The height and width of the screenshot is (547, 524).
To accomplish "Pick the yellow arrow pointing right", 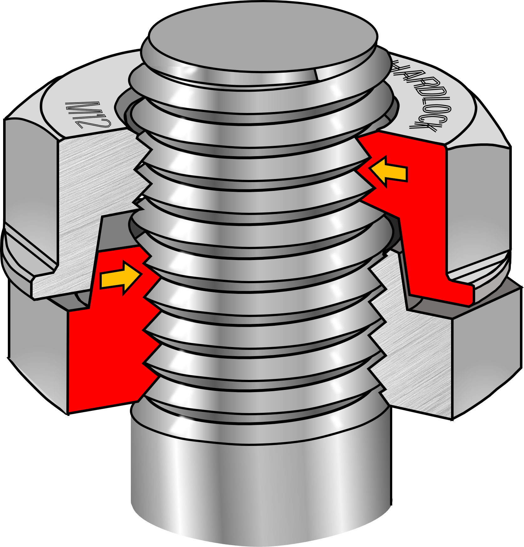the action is (x=121, y=277).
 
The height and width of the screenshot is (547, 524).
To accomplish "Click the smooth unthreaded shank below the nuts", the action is (x=261, y=479).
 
